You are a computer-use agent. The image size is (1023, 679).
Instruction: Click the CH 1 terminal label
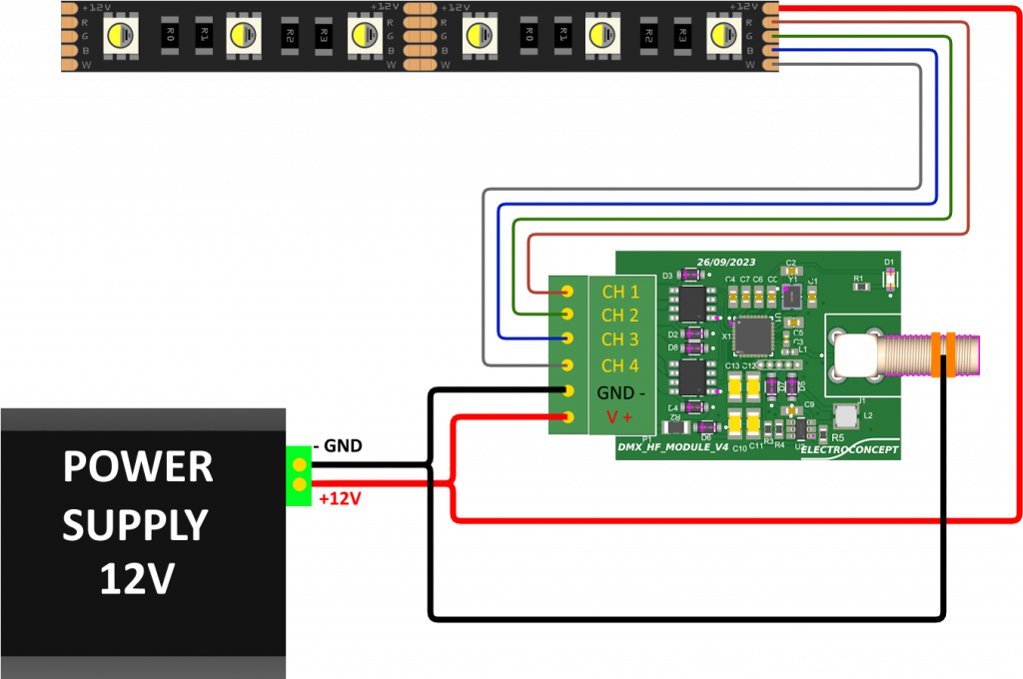tap(620, 292)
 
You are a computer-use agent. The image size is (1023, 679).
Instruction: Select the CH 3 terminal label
tap(620, 340)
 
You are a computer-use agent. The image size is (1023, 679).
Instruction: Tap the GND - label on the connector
tap(620, 392)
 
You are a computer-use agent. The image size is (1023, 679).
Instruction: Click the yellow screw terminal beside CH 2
tap(567, 316)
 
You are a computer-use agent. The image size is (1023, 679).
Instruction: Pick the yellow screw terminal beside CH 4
tap(567, 365)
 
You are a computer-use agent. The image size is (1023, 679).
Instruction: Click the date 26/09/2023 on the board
tap(726, 261)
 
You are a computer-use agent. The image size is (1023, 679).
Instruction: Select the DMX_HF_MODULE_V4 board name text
tap(673, 446)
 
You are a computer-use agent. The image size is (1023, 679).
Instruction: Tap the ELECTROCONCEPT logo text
tap(849, 450)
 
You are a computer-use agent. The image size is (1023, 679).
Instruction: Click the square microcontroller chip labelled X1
tap(753, 336)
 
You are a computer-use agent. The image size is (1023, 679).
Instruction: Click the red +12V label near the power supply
tap(340, 498)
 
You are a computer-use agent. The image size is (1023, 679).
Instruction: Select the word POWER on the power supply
tap(138, 467)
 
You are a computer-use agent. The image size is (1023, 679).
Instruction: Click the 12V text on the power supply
tap(138, 579)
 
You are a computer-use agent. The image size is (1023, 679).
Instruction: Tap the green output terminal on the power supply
tap(299, 475)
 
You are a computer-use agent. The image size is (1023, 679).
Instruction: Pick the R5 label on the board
tap(837, 437)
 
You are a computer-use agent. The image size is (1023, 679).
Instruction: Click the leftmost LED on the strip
tap(121, 35)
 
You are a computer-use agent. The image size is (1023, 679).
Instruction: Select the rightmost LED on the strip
tap(723, 35)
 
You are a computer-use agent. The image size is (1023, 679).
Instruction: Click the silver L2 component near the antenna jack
tap(846, 414)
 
